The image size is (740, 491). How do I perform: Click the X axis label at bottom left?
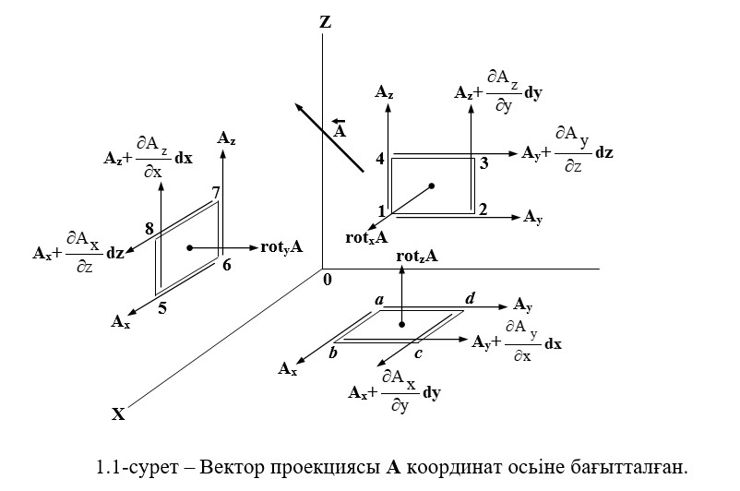click(118, 414)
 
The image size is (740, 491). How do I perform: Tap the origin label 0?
click(327, 278)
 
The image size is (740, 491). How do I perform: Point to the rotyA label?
click(282, 247)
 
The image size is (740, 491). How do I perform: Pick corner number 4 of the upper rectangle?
click(380, 160)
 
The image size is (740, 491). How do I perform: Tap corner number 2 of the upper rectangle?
click(482, 208)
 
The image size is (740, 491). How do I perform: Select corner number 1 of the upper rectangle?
click(380, 210)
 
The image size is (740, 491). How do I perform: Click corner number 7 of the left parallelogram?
click(215, 193)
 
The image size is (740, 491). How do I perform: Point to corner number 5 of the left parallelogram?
click(161, 308)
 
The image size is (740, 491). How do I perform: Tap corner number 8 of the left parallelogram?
click(149, 228)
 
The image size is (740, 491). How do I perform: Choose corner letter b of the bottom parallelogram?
click(334, 353)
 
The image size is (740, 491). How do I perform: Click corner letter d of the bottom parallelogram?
click(470, 298)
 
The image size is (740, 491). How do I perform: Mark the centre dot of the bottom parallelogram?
click(402, 325)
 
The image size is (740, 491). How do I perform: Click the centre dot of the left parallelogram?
click(189, 247)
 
